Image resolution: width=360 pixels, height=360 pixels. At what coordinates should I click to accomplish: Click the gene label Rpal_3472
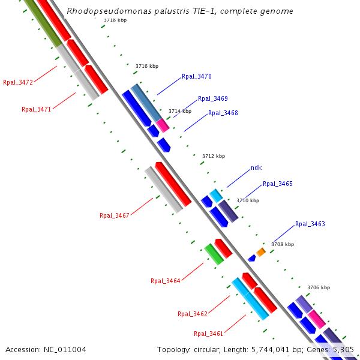pyautogui.click(x=18, y=83)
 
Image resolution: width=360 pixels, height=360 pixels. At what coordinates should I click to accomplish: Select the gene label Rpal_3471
pyautogui.click(x=37, y=110)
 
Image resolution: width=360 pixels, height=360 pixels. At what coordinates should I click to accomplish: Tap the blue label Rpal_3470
pyautogui.click(x=197, y=77)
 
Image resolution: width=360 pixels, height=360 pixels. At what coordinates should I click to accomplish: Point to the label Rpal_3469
pyautogui.click(x=213, y=98)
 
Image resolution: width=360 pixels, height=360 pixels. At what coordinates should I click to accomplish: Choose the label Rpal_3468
pyautogui.click(x=223, y=113)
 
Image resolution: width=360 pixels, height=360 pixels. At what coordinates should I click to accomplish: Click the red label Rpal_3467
pyautogui.click(x=115, y=215)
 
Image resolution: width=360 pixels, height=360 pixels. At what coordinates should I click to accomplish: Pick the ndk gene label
pyautogui.click(x=256, y=168)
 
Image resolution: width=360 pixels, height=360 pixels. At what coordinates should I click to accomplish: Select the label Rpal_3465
pyautogui.click(x=278, y=184)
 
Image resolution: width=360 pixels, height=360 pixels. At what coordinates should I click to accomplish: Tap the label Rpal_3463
pyautogui.click(x=310, y=224)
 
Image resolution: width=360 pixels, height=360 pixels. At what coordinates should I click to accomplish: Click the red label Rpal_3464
pyautogui.click(x=166, y=281)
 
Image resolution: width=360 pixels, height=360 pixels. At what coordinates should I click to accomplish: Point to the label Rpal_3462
pyautogui.click(x=193, y=314)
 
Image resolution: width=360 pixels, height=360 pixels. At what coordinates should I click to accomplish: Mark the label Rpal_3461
pyautogui.click(x=209, y=334)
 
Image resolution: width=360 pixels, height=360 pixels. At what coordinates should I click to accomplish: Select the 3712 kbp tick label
pyautogui.click(x=214, y=156)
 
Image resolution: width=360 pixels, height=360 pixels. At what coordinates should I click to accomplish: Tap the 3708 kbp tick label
pyautogui.click(x=283, y=245)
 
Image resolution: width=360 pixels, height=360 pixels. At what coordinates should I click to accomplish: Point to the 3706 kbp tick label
pyautogui.click(x=319, y=288)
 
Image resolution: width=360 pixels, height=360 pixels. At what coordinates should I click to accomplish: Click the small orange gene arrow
pyautogui.click(x=261, y=251)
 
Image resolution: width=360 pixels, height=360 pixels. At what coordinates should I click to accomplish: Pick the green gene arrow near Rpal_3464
pyautogui.click(x=214, y=254)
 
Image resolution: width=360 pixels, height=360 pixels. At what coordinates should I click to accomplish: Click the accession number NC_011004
pyautogui.click(x=46, y=349)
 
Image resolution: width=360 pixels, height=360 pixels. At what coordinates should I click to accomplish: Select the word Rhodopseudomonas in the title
pyautogui.click(x=97, y=11)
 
